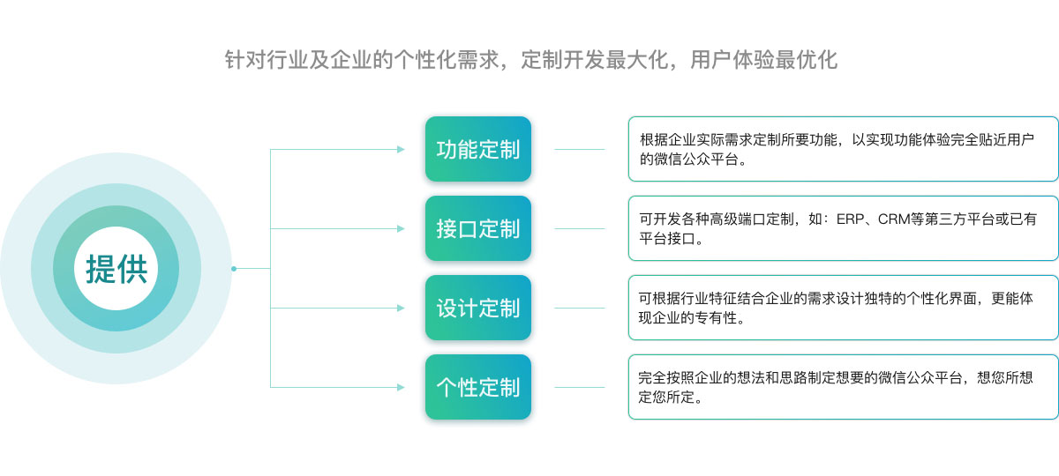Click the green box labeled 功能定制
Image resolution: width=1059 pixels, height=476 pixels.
[x=478, y=149]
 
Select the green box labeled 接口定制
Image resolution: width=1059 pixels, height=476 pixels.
[x=478, y=228]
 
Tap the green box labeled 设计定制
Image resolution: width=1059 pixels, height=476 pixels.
[x=478, y=308]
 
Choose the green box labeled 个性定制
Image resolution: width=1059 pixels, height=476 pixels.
[x=478, y=387]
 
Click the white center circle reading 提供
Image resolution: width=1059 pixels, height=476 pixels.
[x=116, y=268]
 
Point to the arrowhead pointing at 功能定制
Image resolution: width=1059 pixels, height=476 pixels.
[x=401, y=149]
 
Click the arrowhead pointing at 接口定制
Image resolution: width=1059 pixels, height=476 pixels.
[x=401, y=228]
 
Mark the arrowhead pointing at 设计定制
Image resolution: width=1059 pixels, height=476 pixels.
[x=401, y=308]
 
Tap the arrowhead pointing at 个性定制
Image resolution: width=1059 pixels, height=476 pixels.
[x=401, y=387]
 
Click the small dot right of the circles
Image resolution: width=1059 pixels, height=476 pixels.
[x=234, y=269]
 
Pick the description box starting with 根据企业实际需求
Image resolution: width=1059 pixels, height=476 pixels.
[x=844, y=149]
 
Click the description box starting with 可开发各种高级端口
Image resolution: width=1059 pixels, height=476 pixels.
[x=844, y=228]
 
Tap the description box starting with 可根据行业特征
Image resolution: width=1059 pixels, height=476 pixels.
[x=844, y=308]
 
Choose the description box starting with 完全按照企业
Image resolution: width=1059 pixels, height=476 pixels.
[x=844, y=387]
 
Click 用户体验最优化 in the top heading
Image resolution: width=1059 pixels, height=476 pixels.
[x=763, y=60]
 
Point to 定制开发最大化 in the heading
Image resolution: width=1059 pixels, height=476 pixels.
[x=595, y=60]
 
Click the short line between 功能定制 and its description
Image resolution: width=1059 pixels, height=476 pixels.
[x=580, y=149]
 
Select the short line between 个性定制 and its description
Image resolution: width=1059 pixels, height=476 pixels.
[x=580, y=387]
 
